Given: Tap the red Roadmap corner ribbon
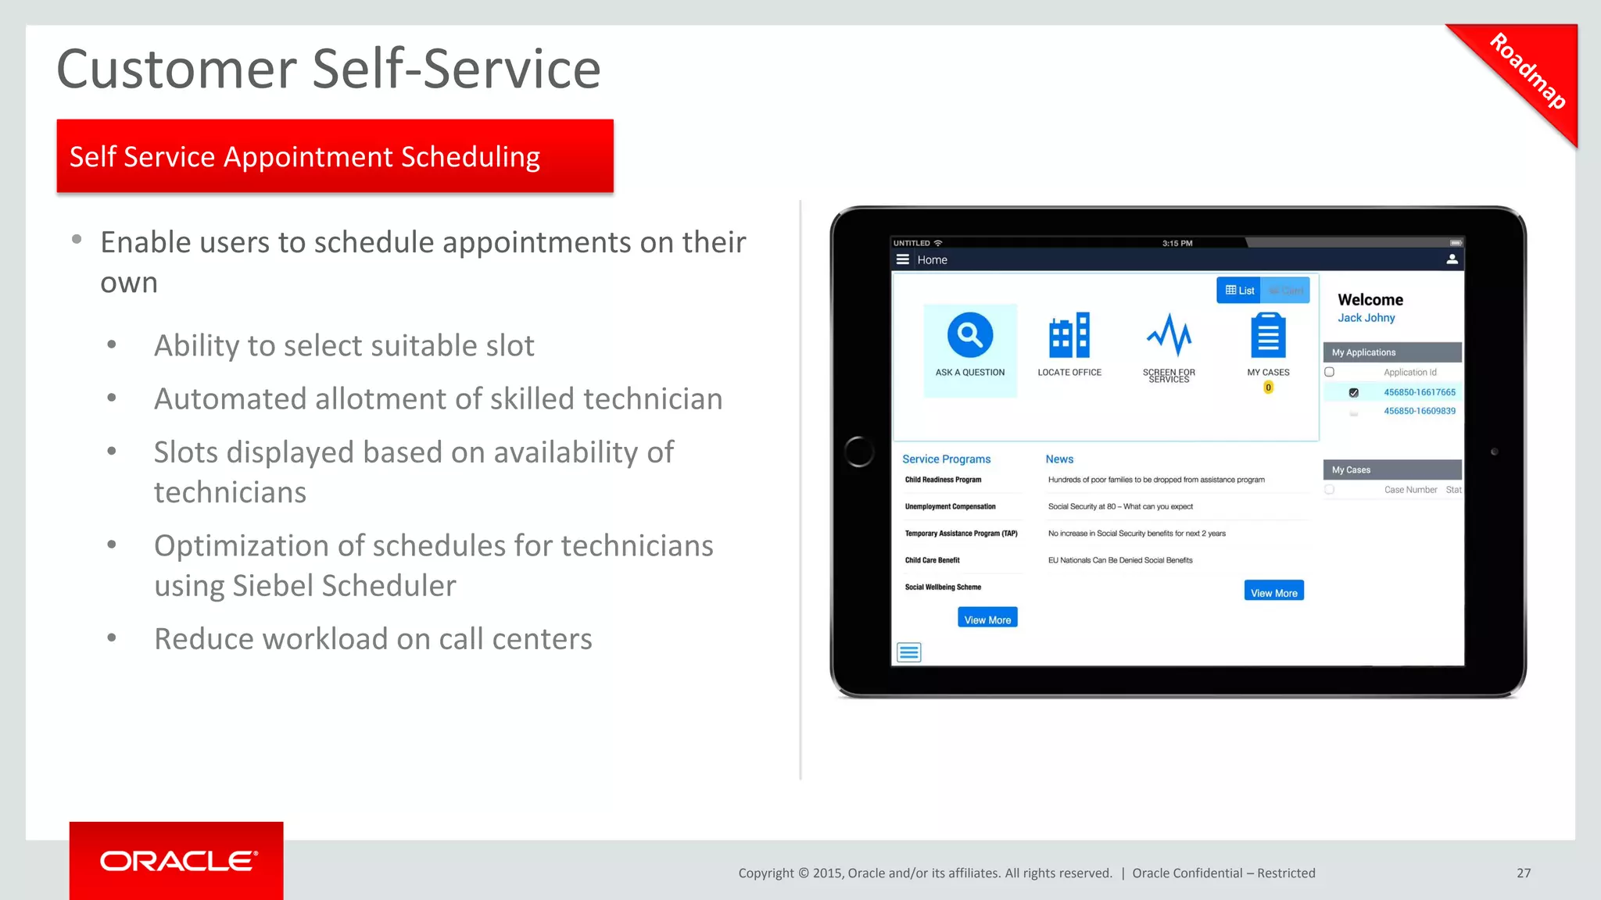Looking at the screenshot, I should [1526, 72].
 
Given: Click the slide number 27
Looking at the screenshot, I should [1523, 873].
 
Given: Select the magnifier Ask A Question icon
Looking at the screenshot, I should [969, 336].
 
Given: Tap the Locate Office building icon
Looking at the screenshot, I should [1069, 336].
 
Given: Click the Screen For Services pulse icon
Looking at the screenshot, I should [1169, 336].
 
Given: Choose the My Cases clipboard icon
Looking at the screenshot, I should [1267, 336].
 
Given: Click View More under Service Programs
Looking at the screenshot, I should [987, 619].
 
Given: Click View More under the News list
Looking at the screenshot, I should [1273, 592].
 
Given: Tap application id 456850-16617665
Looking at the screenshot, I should [1419, 392].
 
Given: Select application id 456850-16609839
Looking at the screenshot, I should [1419, 411].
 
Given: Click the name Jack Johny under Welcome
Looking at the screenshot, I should [1366, 318].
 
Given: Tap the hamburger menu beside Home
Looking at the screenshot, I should [902, 259].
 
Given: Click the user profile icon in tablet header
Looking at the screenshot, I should [1451, 259].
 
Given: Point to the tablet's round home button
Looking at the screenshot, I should [859, 452].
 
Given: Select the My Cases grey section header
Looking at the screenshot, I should [1391, 470].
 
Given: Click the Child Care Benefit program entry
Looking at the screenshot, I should [932, 560].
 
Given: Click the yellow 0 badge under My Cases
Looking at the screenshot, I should [1268, 387].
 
